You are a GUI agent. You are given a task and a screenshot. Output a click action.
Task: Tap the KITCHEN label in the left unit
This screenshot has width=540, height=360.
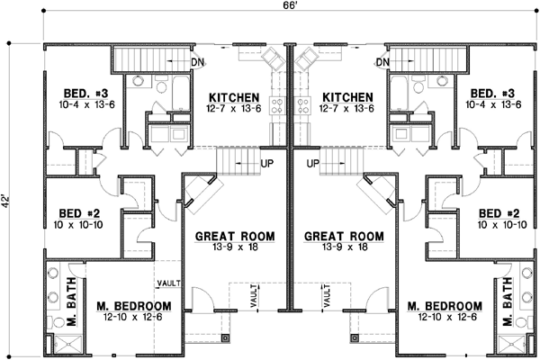[234, 97]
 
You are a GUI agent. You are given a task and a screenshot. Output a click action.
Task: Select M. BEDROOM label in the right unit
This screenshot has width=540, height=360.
[442, 305]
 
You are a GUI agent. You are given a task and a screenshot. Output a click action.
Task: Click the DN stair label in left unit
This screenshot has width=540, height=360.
[197, 61]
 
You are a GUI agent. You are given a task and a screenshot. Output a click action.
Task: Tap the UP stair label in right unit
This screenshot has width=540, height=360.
[313, 164]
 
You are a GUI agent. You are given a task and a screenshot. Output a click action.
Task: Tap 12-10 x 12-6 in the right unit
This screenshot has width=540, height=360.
[442, 317]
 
